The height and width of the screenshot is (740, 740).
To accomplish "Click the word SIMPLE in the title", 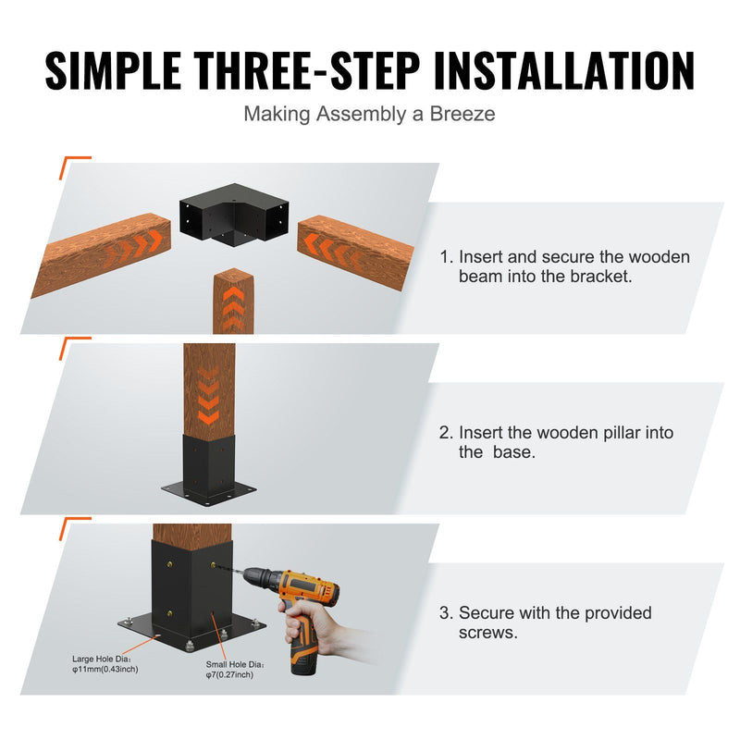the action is tap(113, 70).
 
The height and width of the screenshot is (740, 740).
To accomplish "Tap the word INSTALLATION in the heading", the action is tap(564, 70).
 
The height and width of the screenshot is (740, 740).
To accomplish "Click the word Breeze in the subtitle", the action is tap(462, 114).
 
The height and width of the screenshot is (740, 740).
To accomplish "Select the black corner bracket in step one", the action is tap(234, 214).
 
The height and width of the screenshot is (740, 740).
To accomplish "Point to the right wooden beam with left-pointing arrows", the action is tap(355, 251).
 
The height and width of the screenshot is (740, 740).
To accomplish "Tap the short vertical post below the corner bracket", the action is tap(234, 302).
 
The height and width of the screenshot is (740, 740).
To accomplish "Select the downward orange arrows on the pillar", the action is tap(208, 395).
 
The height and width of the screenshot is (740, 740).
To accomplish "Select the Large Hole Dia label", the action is tap(102, 659).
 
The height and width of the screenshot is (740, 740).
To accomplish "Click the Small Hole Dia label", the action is tap(235, 664).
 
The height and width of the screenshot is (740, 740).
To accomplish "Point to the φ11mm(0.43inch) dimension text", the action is tap(105, 669).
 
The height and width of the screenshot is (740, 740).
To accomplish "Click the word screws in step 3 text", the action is tap(488, 633).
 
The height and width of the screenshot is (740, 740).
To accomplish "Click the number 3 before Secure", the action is tap(445, 613).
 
